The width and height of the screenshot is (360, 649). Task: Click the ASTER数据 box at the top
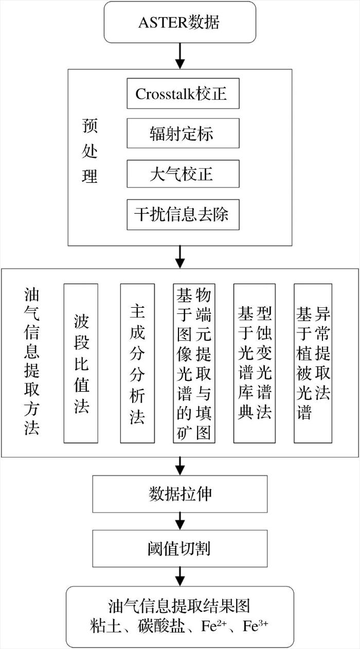[x=180, y=22]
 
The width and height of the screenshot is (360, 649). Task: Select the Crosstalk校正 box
[x=183, y=93]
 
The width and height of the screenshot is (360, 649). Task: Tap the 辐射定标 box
[x=183, y=133]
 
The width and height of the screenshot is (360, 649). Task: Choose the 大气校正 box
[x=183, y=174]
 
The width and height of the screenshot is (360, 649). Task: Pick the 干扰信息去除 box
[x=183, y=215]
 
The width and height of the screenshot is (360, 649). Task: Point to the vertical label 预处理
[x=89, y=151]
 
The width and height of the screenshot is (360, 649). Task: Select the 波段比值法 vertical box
[x=81, y=363]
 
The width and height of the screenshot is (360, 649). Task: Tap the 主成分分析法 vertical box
[x=137, y=363]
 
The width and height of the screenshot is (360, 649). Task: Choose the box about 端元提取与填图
[x=194, y=363]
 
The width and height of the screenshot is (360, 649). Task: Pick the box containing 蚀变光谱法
[x=255, y=363]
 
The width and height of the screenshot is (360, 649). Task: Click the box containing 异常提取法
[x=313, y=363]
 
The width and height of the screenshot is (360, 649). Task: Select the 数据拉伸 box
[x=180, y=494]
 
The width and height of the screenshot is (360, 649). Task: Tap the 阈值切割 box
[x=180, y=549]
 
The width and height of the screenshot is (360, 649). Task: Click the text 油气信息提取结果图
[x=179, y=606]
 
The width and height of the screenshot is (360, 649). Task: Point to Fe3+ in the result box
[x=255, y=626]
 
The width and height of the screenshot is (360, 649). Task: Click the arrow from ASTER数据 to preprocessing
[x=180, y=56]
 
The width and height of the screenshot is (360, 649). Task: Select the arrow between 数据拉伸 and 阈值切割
[x=180, y=521]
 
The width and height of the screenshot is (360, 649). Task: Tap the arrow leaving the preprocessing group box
[x=180, y=257]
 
